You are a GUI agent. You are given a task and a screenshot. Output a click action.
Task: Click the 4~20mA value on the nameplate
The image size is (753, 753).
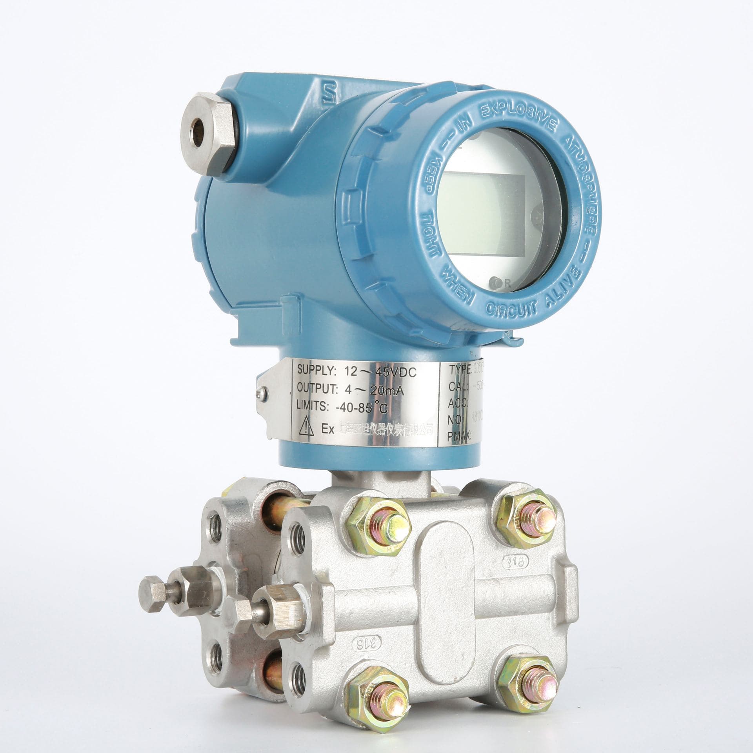tap(375, 393)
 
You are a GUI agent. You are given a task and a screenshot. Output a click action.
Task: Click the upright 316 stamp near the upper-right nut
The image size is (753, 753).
tap(515, 561)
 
